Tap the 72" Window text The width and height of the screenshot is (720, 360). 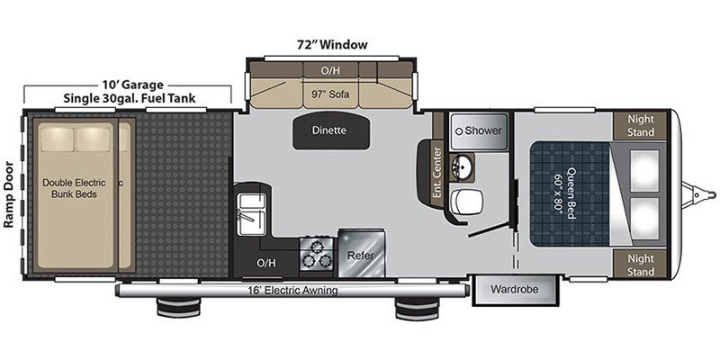(333, 44)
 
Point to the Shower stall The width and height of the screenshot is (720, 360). (477, 130)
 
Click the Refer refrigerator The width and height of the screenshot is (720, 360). (362, 255)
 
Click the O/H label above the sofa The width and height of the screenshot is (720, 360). (332, 68)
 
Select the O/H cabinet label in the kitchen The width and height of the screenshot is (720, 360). (265, 264)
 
